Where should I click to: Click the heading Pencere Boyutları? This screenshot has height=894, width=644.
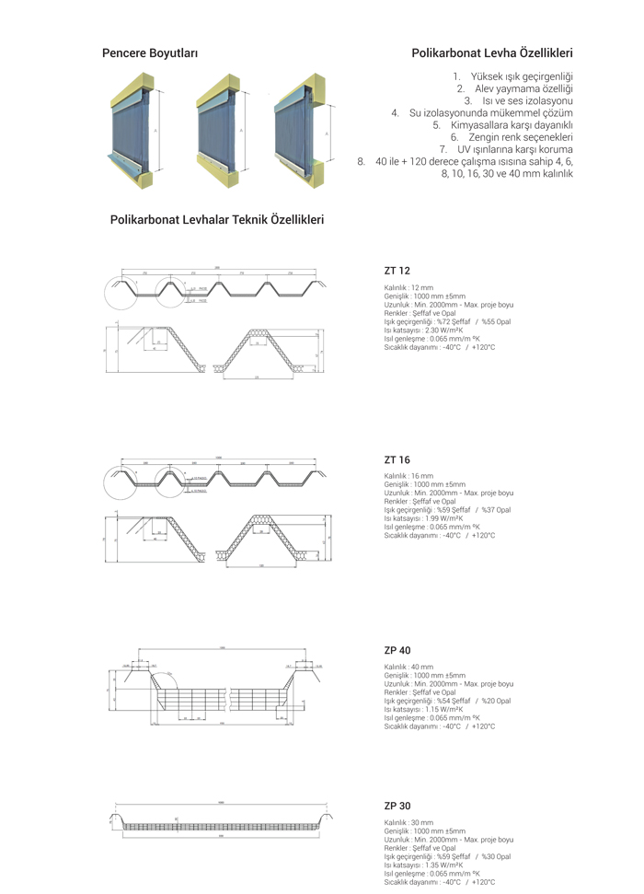click(150, 54)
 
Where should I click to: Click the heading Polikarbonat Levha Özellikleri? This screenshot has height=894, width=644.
click(492, 54)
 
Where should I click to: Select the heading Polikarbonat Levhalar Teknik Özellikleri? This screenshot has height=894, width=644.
click(217, 220)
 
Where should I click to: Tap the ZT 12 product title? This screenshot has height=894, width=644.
click(397, 272)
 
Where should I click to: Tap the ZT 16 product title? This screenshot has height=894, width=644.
click(397, 459)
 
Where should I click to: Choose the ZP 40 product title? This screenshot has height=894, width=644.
click(397, 650)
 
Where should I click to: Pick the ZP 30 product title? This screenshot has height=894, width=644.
click(397, 806)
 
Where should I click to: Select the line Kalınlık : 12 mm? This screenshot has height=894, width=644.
click(408, 288)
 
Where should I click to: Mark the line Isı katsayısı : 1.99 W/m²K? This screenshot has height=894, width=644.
click(423, 518)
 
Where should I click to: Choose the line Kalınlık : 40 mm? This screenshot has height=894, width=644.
click(408, 667)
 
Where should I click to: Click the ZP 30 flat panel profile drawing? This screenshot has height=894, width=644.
click(221, 823)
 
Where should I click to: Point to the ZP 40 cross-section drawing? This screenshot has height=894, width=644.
click(221, 691)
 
